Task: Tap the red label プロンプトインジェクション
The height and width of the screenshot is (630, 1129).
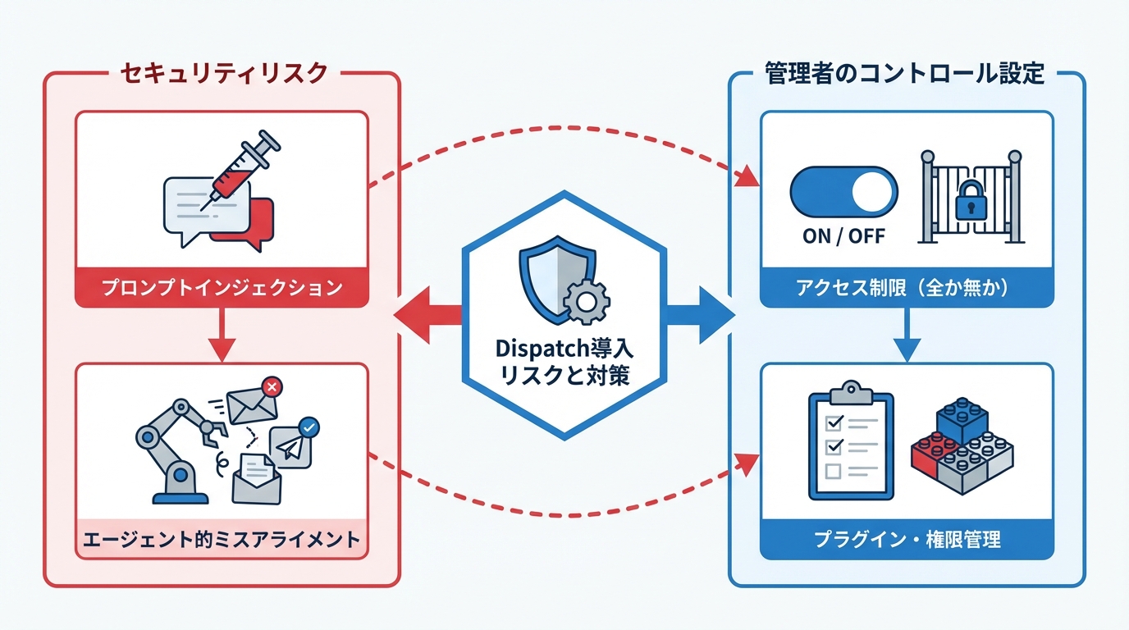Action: pyautogui.click(x=222, y=288)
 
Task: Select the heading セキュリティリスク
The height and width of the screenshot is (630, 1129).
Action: pyautogui.click(x=224, y=73)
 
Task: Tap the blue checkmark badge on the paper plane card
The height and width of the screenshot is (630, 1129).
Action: pyautogui.click(x=309, y=427)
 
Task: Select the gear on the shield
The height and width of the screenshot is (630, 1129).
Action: pyautogui.click(x=587, y=300)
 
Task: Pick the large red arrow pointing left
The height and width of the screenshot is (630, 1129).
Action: pyautogui.click(x=427, y=316)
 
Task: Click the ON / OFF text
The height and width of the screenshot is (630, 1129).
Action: pyautogui.click(x=844, y=235)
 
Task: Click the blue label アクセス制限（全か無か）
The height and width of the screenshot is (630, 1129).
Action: pyautogui.click(x=907, y=288)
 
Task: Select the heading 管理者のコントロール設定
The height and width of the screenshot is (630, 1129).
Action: pyautogui.click(x=904, y=73)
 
